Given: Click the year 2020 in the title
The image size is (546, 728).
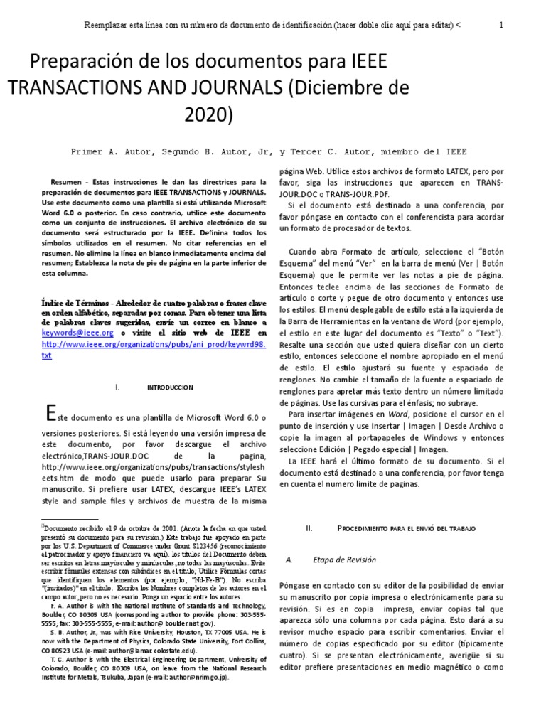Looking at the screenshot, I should [x=208, y=114].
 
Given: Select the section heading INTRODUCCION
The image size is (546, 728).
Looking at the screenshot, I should [x=169, y=387].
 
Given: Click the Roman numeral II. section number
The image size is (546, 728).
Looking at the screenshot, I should [x=308, y=529].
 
